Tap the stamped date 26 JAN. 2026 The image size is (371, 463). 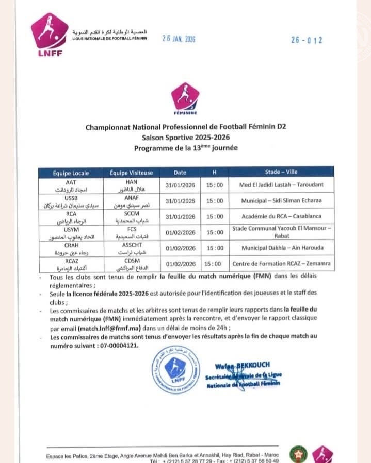point(179,39)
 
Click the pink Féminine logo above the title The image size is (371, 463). point(185,98)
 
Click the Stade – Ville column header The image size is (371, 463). point(281,172)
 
